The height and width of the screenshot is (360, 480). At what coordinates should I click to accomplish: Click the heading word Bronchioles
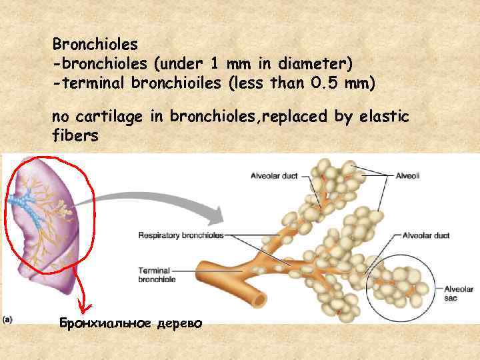tap(95, 45)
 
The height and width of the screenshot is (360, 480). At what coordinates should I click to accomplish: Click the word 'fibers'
tap(75, 136)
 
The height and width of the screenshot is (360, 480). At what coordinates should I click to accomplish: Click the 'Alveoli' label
tap(407, 176)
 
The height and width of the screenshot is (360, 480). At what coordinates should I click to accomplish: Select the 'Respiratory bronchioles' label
tap(180, 235)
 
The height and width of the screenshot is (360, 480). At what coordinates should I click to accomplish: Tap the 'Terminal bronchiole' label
tap(157, 275)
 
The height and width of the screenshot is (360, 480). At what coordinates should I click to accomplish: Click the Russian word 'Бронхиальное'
tap(107, 324)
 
